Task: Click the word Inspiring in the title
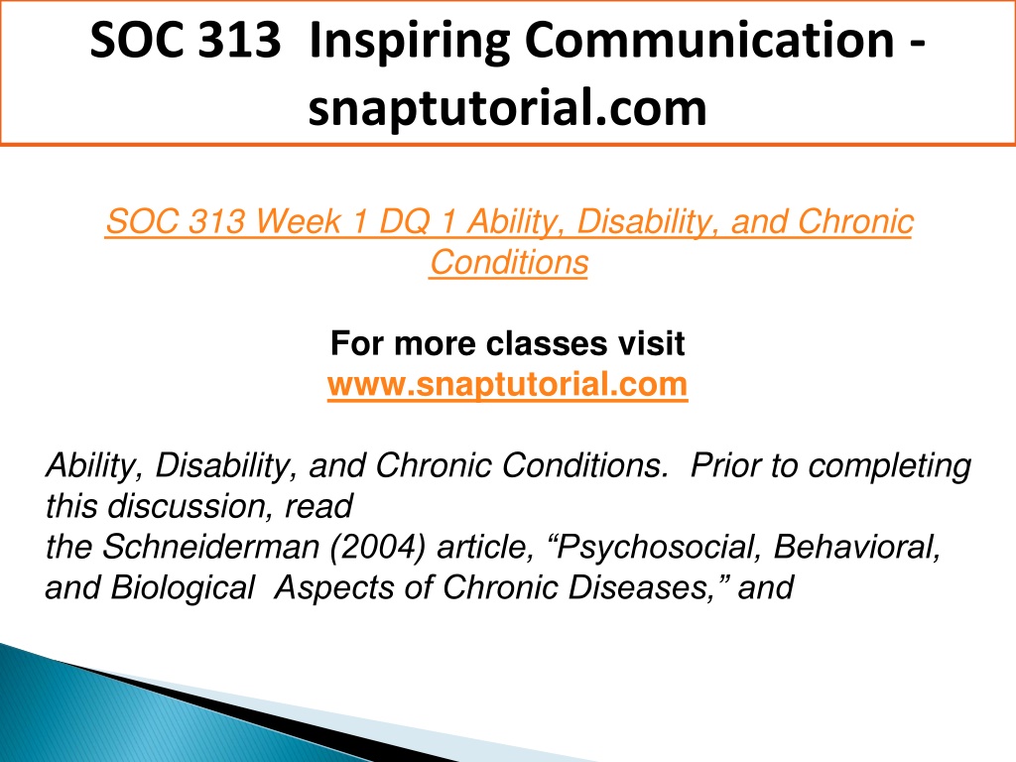point(410,42)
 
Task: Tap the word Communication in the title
point(709,40)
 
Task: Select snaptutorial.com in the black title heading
point(507,108)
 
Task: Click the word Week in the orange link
point(298,221)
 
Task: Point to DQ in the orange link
point(405,221)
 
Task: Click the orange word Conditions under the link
point(509,262)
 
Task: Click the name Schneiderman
point(211,547)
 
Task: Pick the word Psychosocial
point(655,548)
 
